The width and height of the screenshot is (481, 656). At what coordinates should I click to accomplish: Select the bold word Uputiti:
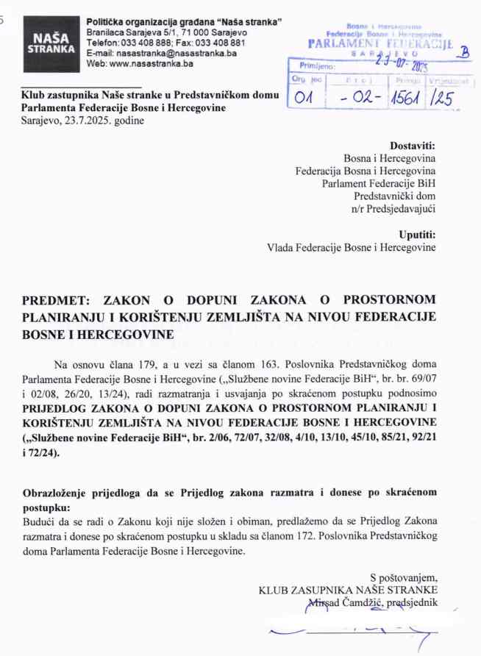(417, 235)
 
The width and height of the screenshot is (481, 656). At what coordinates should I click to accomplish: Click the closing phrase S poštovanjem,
(404, 577)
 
